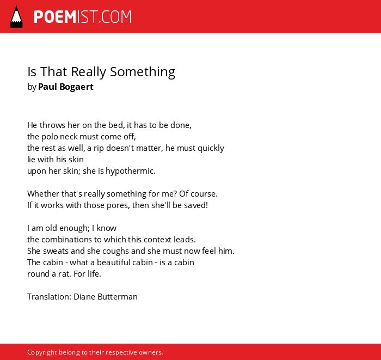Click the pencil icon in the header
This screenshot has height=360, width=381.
[x=16, y=17]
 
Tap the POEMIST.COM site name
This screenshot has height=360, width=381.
[x=83, y=17]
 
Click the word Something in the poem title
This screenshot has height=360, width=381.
[x=143, y=72]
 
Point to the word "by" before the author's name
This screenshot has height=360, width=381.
[x=32, y=87]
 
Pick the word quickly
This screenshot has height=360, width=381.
[x=211, y=148]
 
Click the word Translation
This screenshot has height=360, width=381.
[x=50, y=297]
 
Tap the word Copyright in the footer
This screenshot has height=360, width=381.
[x=42, y=353]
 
